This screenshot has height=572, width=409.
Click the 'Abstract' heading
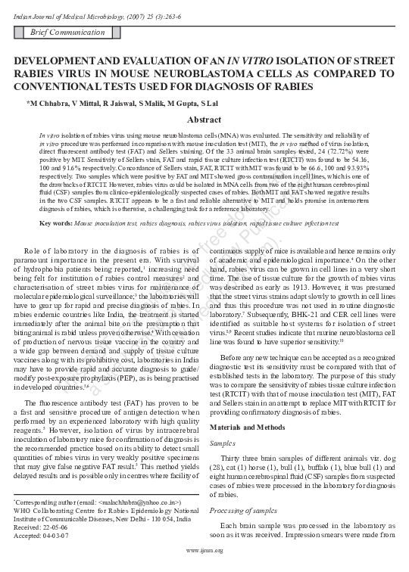[x=204, y=120]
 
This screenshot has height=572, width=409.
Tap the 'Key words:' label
[x=55, y=202]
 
